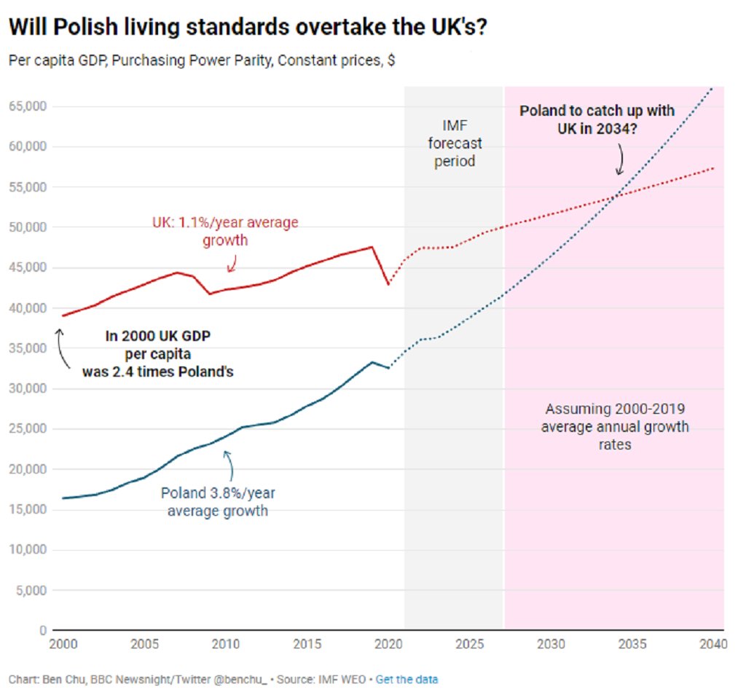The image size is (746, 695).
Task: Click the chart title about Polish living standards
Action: point(248,27)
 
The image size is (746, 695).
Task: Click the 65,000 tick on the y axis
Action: point(28,106)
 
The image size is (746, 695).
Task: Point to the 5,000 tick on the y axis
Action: point(31,590)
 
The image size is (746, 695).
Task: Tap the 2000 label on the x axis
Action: point(62,645)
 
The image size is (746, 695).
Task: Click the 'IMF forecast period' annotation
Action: point(455,143)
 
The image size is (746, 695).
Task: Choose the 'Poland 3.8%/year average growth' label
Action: point(218,502)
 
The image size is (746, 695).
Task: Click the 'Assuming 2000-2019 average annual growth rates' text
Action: point(614,425)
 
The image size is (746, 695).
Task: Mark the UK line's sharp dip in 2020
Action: point(388,284)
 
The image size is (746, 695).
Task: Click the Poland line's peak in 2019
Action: point(373,362)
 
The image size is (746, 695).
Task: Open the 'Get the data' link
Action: point(407,680)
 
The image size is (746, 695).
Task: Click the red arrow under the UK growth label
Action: point(232,263)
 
